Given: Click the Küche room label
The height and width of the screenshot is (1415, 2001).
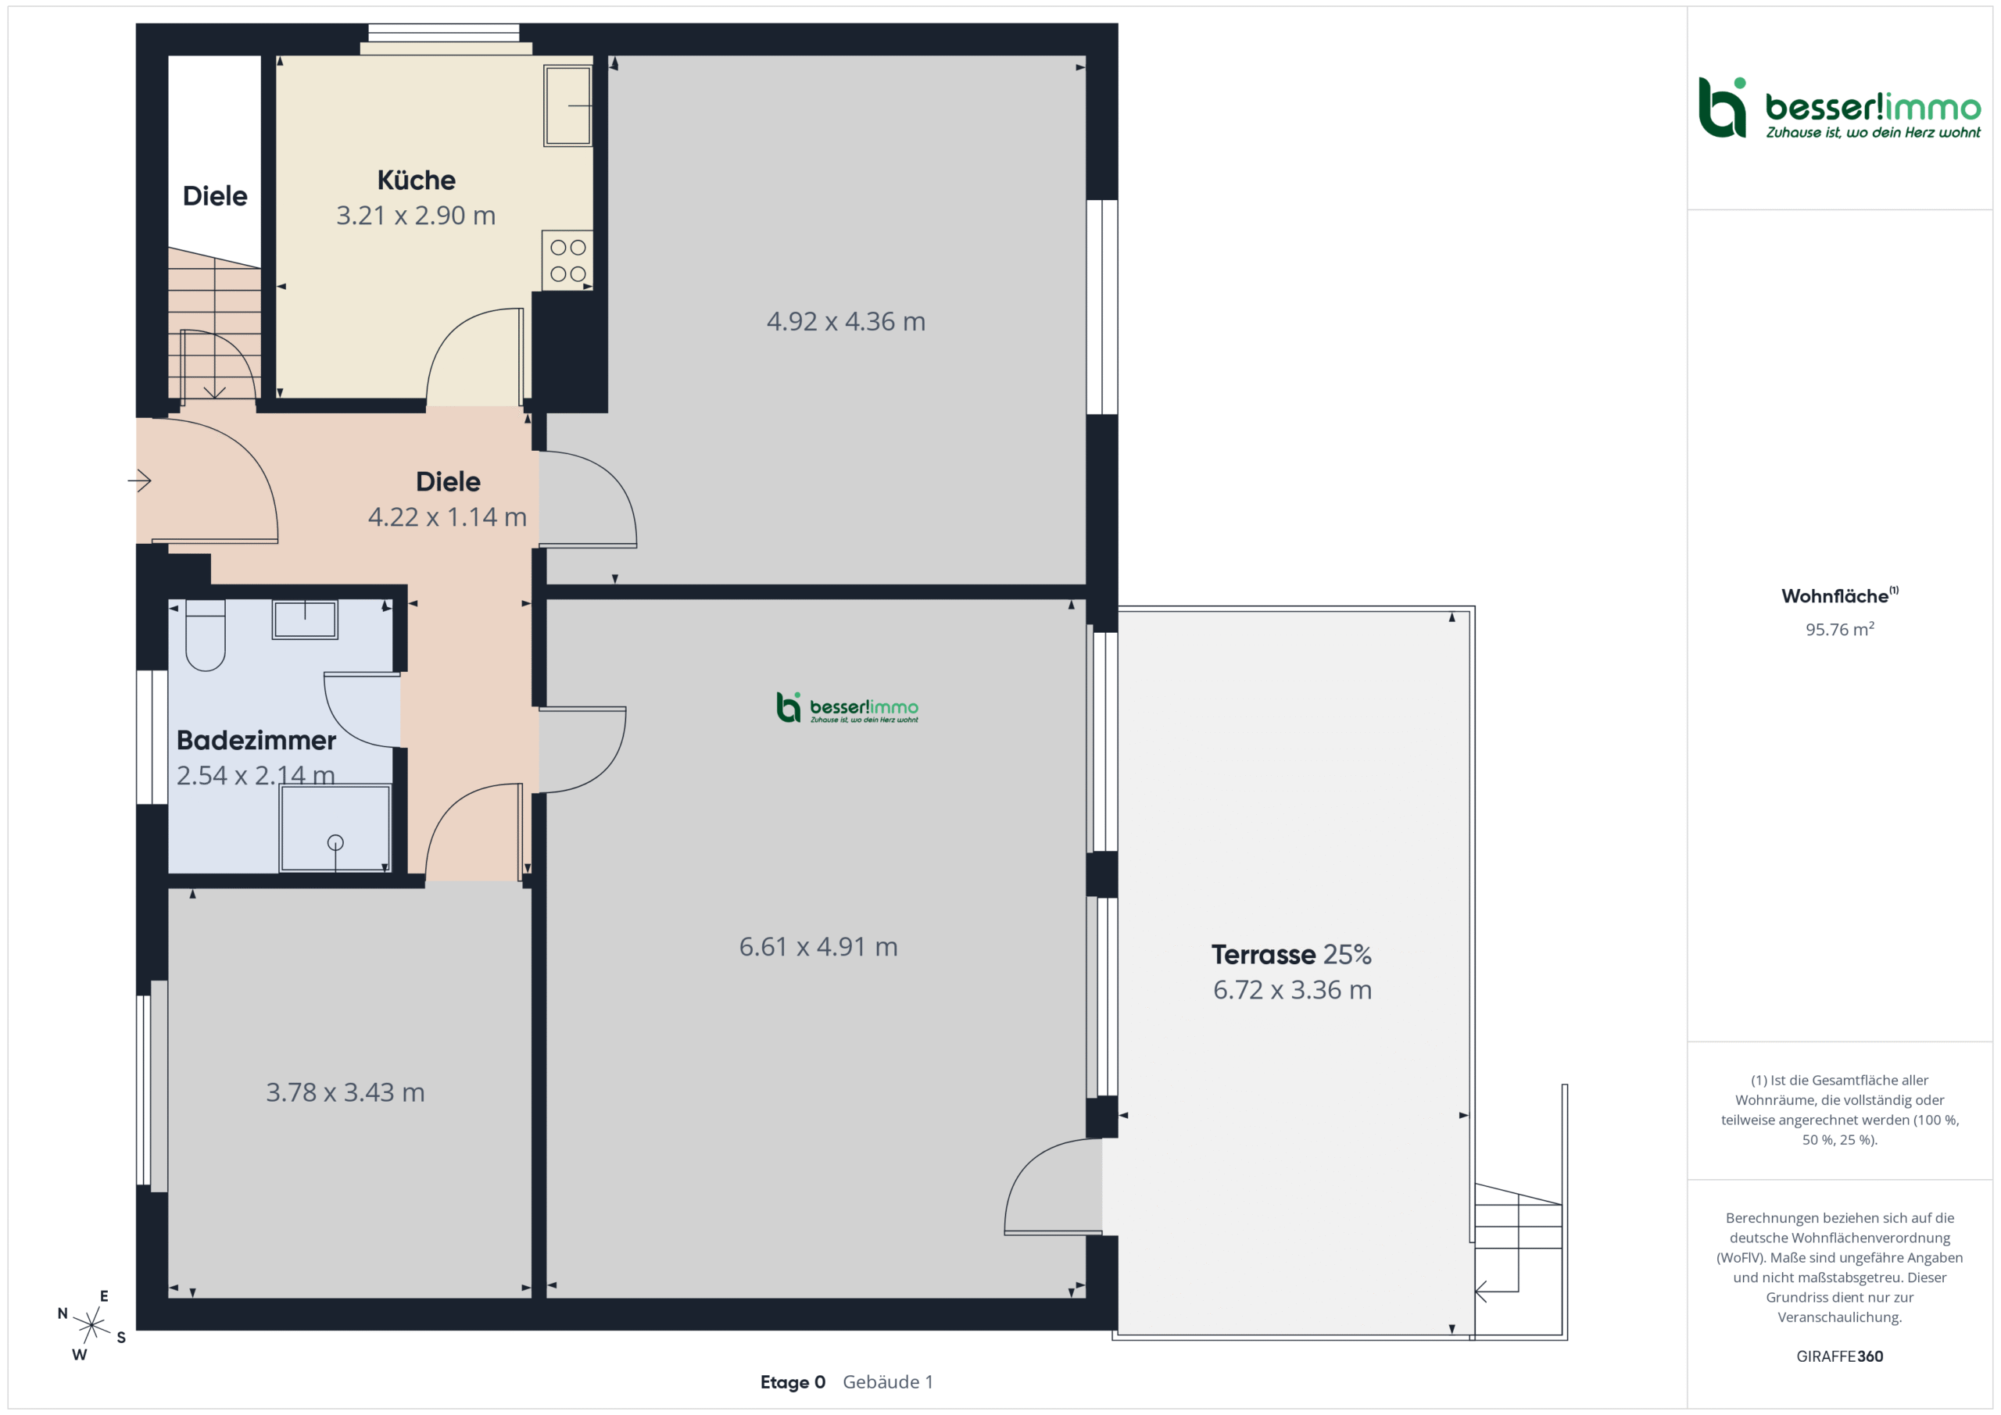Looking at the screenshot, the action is [416, 180].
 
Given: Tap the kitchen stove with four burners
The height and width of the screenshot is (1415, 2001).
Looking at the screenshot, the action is [567, 260].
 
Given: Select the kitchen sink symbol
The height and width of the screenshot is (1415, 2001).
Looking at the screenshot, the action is [568, 105].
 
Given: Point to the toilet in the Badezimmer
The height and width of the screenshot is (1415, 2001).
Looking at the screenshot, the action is [206, 635].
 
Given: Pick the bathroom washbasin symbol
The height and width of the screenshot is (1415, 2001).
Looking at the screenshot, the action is [305, 620].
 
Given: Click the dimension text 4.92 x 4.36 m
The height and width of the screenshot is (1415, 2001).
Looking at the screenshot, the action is [846, 321].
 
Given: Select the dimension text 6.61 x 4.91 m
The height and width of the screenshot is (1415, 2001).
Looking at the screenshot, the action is [818, 947].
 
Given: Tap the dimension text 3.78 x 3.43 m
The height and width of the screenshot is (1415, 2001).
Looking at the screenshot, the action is [345, 1092].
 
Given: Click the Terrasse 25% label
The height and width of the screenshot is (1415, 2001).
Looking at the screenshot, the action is [1291, 955].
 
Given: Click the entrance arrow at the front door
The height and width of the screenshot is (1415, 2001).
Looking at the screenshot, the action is [139, 480].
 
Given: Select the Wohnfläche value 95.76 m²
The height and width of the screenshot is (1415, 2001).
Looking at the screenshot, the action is [1840, 629].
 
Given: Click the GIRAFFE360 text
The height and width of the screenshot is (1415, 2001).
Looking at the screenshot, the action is [1840, 1356].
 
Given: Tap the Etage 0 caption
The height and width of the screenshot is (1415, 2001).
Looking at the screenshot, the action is [793, 1382].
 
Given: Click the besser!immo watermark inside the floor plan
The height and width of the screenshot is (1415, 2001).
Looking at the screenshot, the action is [847, 708].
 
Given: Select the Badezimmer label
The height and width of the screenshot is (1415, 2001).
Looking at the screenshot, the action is [256, 741].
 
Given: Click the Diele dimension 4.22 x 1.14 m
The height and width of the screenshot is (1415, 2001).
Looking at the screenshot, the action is [447, 517].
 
